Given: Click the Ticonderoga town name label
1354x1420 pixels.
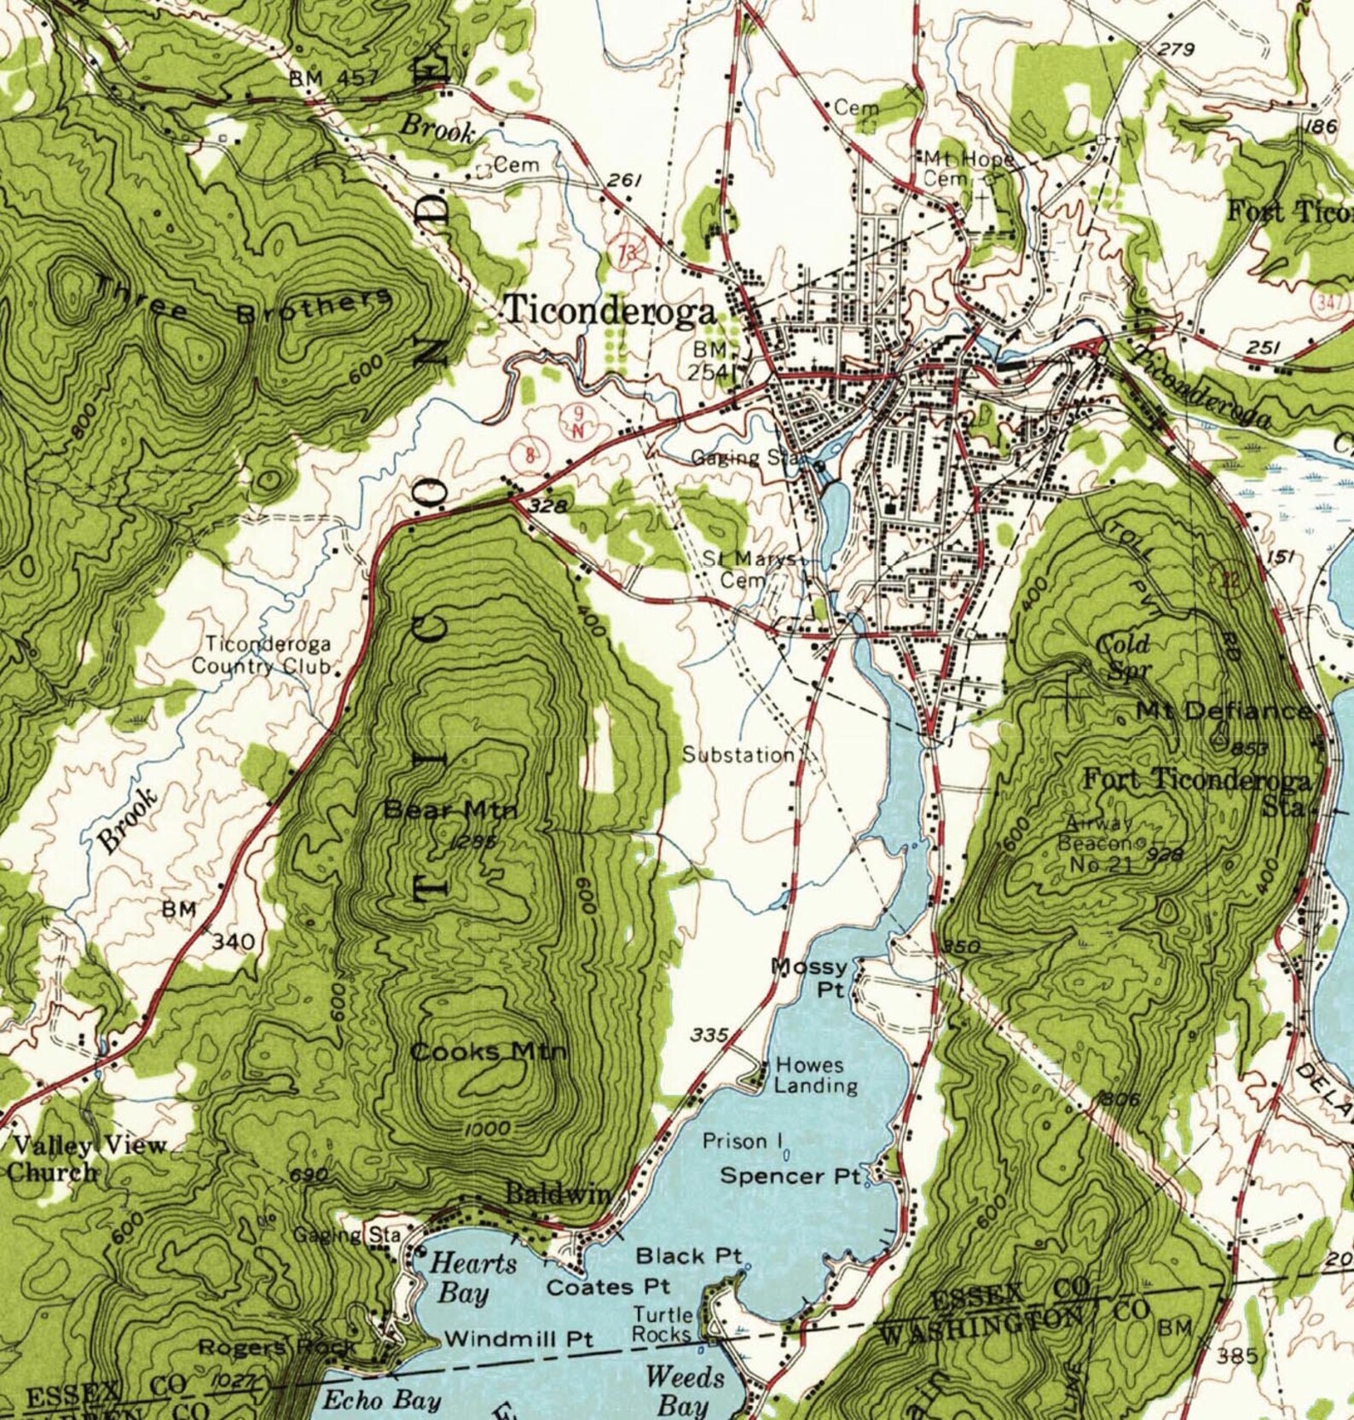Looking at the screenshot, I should (610, 310).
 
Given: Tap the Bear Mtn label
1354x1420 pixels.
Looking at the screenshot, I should (450, 809).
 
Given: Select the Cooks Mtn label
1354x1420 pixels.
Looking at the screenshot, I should (488, 1052).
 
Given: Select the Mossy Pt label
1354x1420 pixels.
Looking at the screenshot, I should (809, 977).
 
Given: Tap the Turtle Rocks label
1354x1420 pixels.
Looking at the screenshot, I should (662, 1324).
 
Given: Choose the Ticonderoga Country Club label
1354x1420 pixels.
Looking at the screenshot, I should (261, 655).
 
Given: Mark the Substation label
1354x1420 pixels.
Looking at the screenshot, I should (738, 755).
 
